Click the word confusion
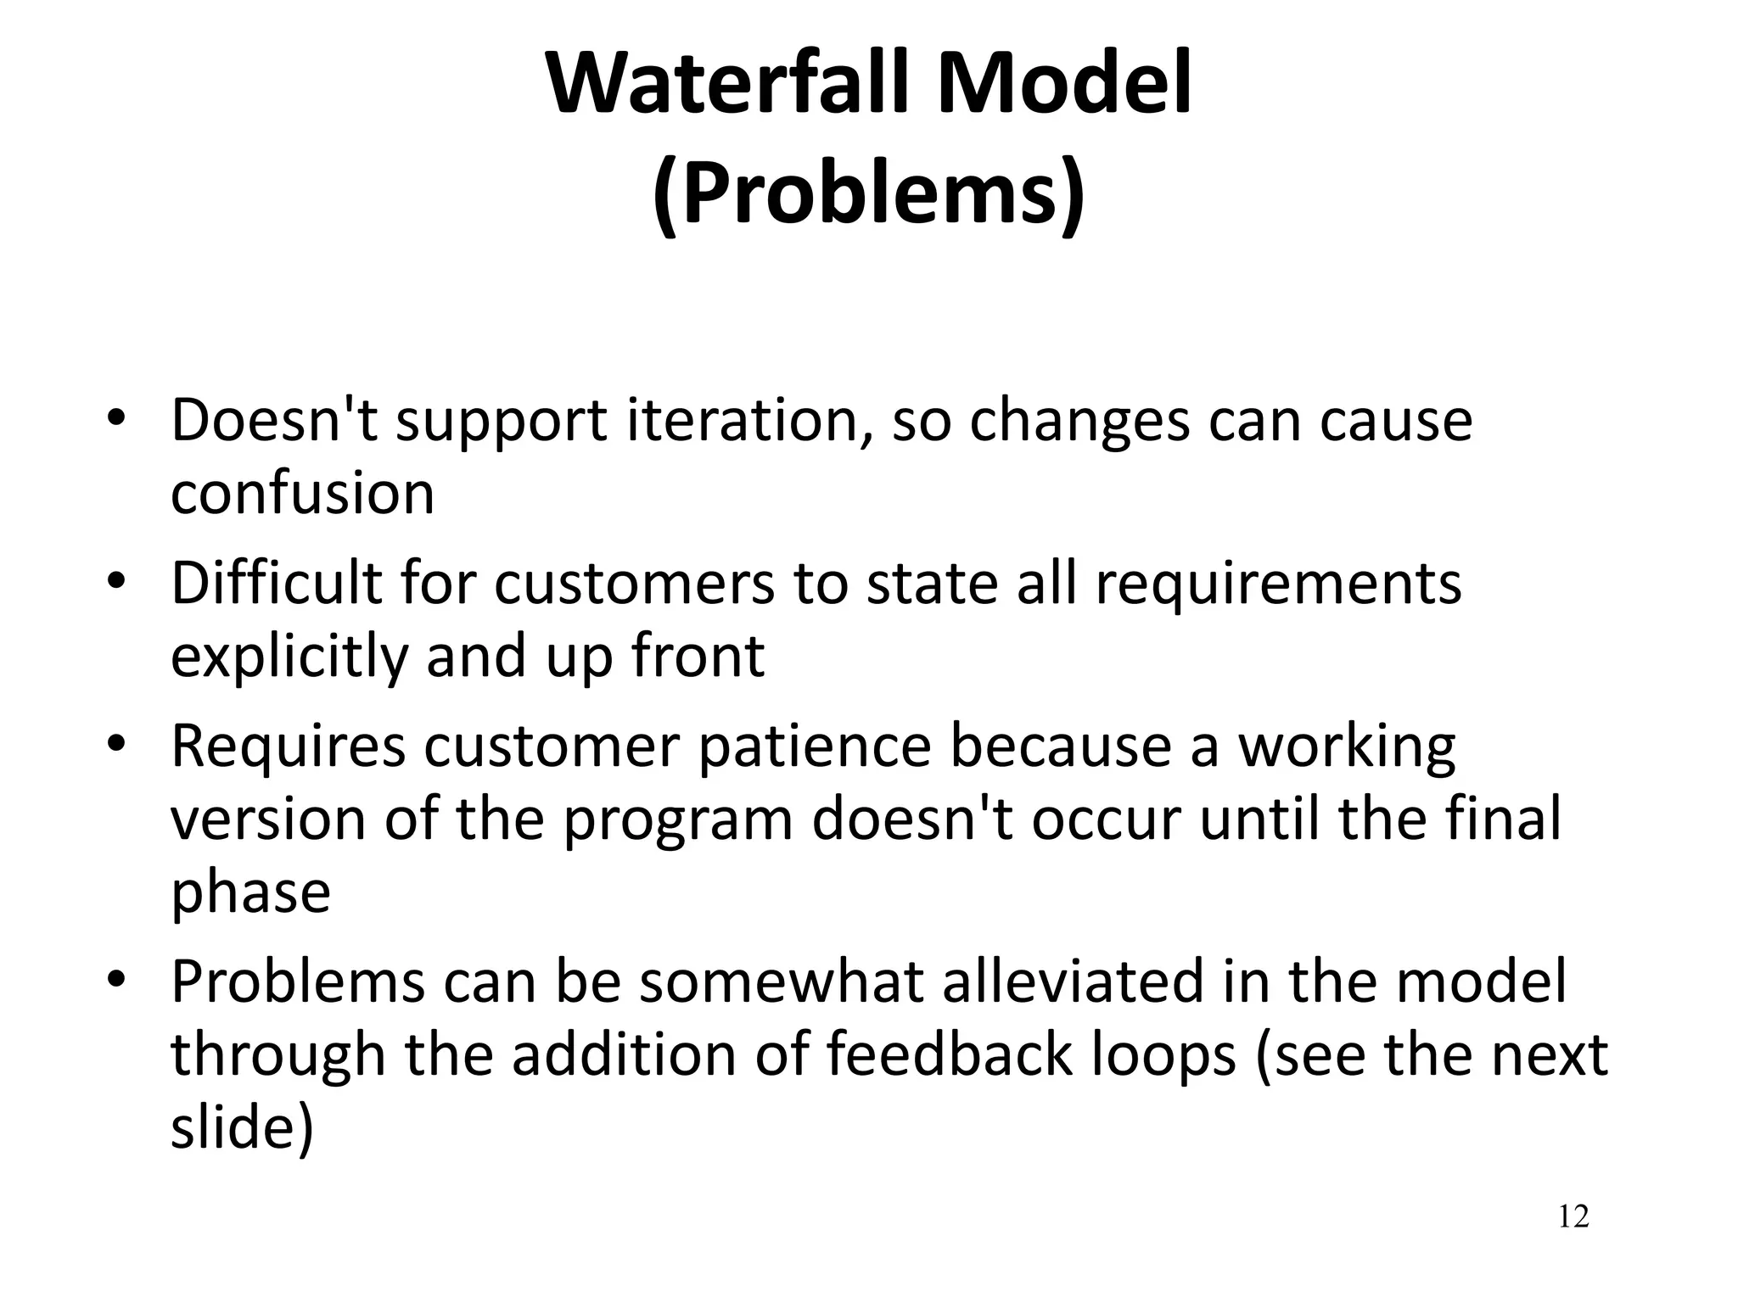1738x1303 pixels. tap(302, 494)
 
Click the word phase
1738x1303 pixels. tap(250, 892)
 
